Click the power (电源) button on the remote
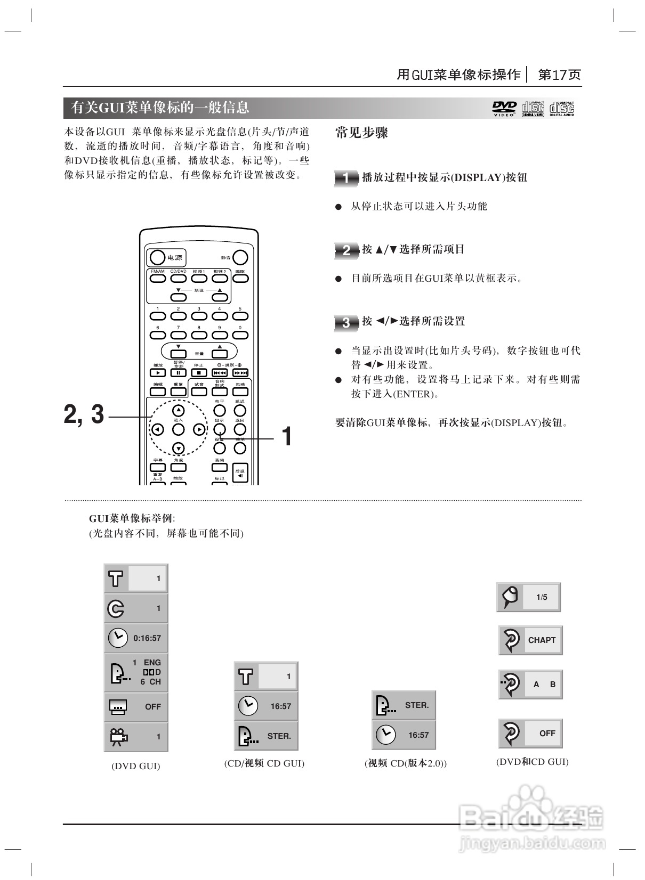[157, 258]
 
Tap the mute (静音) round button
[240, 258]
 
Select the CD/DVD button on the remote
[178, 278]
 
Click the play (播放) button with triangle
[158, 373]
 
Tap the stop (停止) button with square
[199, 373]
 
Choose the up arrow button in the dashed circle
[178, 410]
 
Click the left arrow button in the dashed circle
[157, 429]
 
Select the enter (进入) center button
[178, 429]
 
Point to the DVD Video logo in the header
[504, 108]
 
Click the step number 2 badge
[346, 250]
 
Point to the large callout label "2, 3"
[84, 414]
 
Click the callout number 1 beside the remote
[287, 436]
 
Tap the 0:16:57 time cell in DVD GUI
[136, 638]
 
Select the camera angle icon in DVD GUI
[118, 737]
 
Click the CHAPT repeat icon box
[530, 640]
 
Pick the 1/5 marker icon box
[529, 597]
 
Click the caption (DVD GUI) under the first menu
[136, 766]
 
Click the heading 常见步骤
[361, 133]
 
